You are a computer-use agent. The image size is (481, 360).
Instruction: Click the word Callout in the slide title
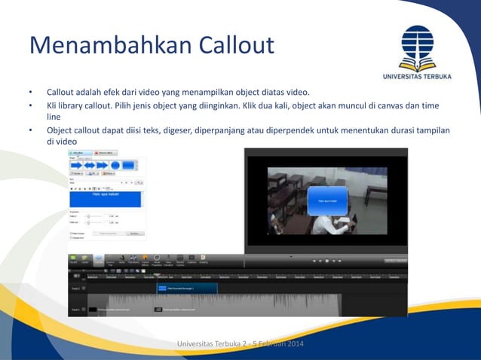(236, 45)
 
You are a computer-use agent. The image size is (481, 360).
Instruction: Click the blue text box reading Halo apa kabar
(106, 197)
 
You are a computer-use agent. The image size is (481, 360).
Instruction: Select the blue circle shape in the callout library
(115, 165)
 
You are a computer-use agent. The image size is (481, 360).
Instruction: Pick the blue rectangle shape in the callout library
(128, 165)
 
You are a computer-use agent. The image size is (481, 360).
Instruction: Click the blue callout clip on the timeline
(186, 288)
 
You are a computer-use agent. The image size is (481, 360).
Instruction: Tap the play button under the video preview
(326, 260)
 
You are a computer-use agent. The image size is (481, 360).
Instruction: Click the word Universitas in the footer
(196, 345)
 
